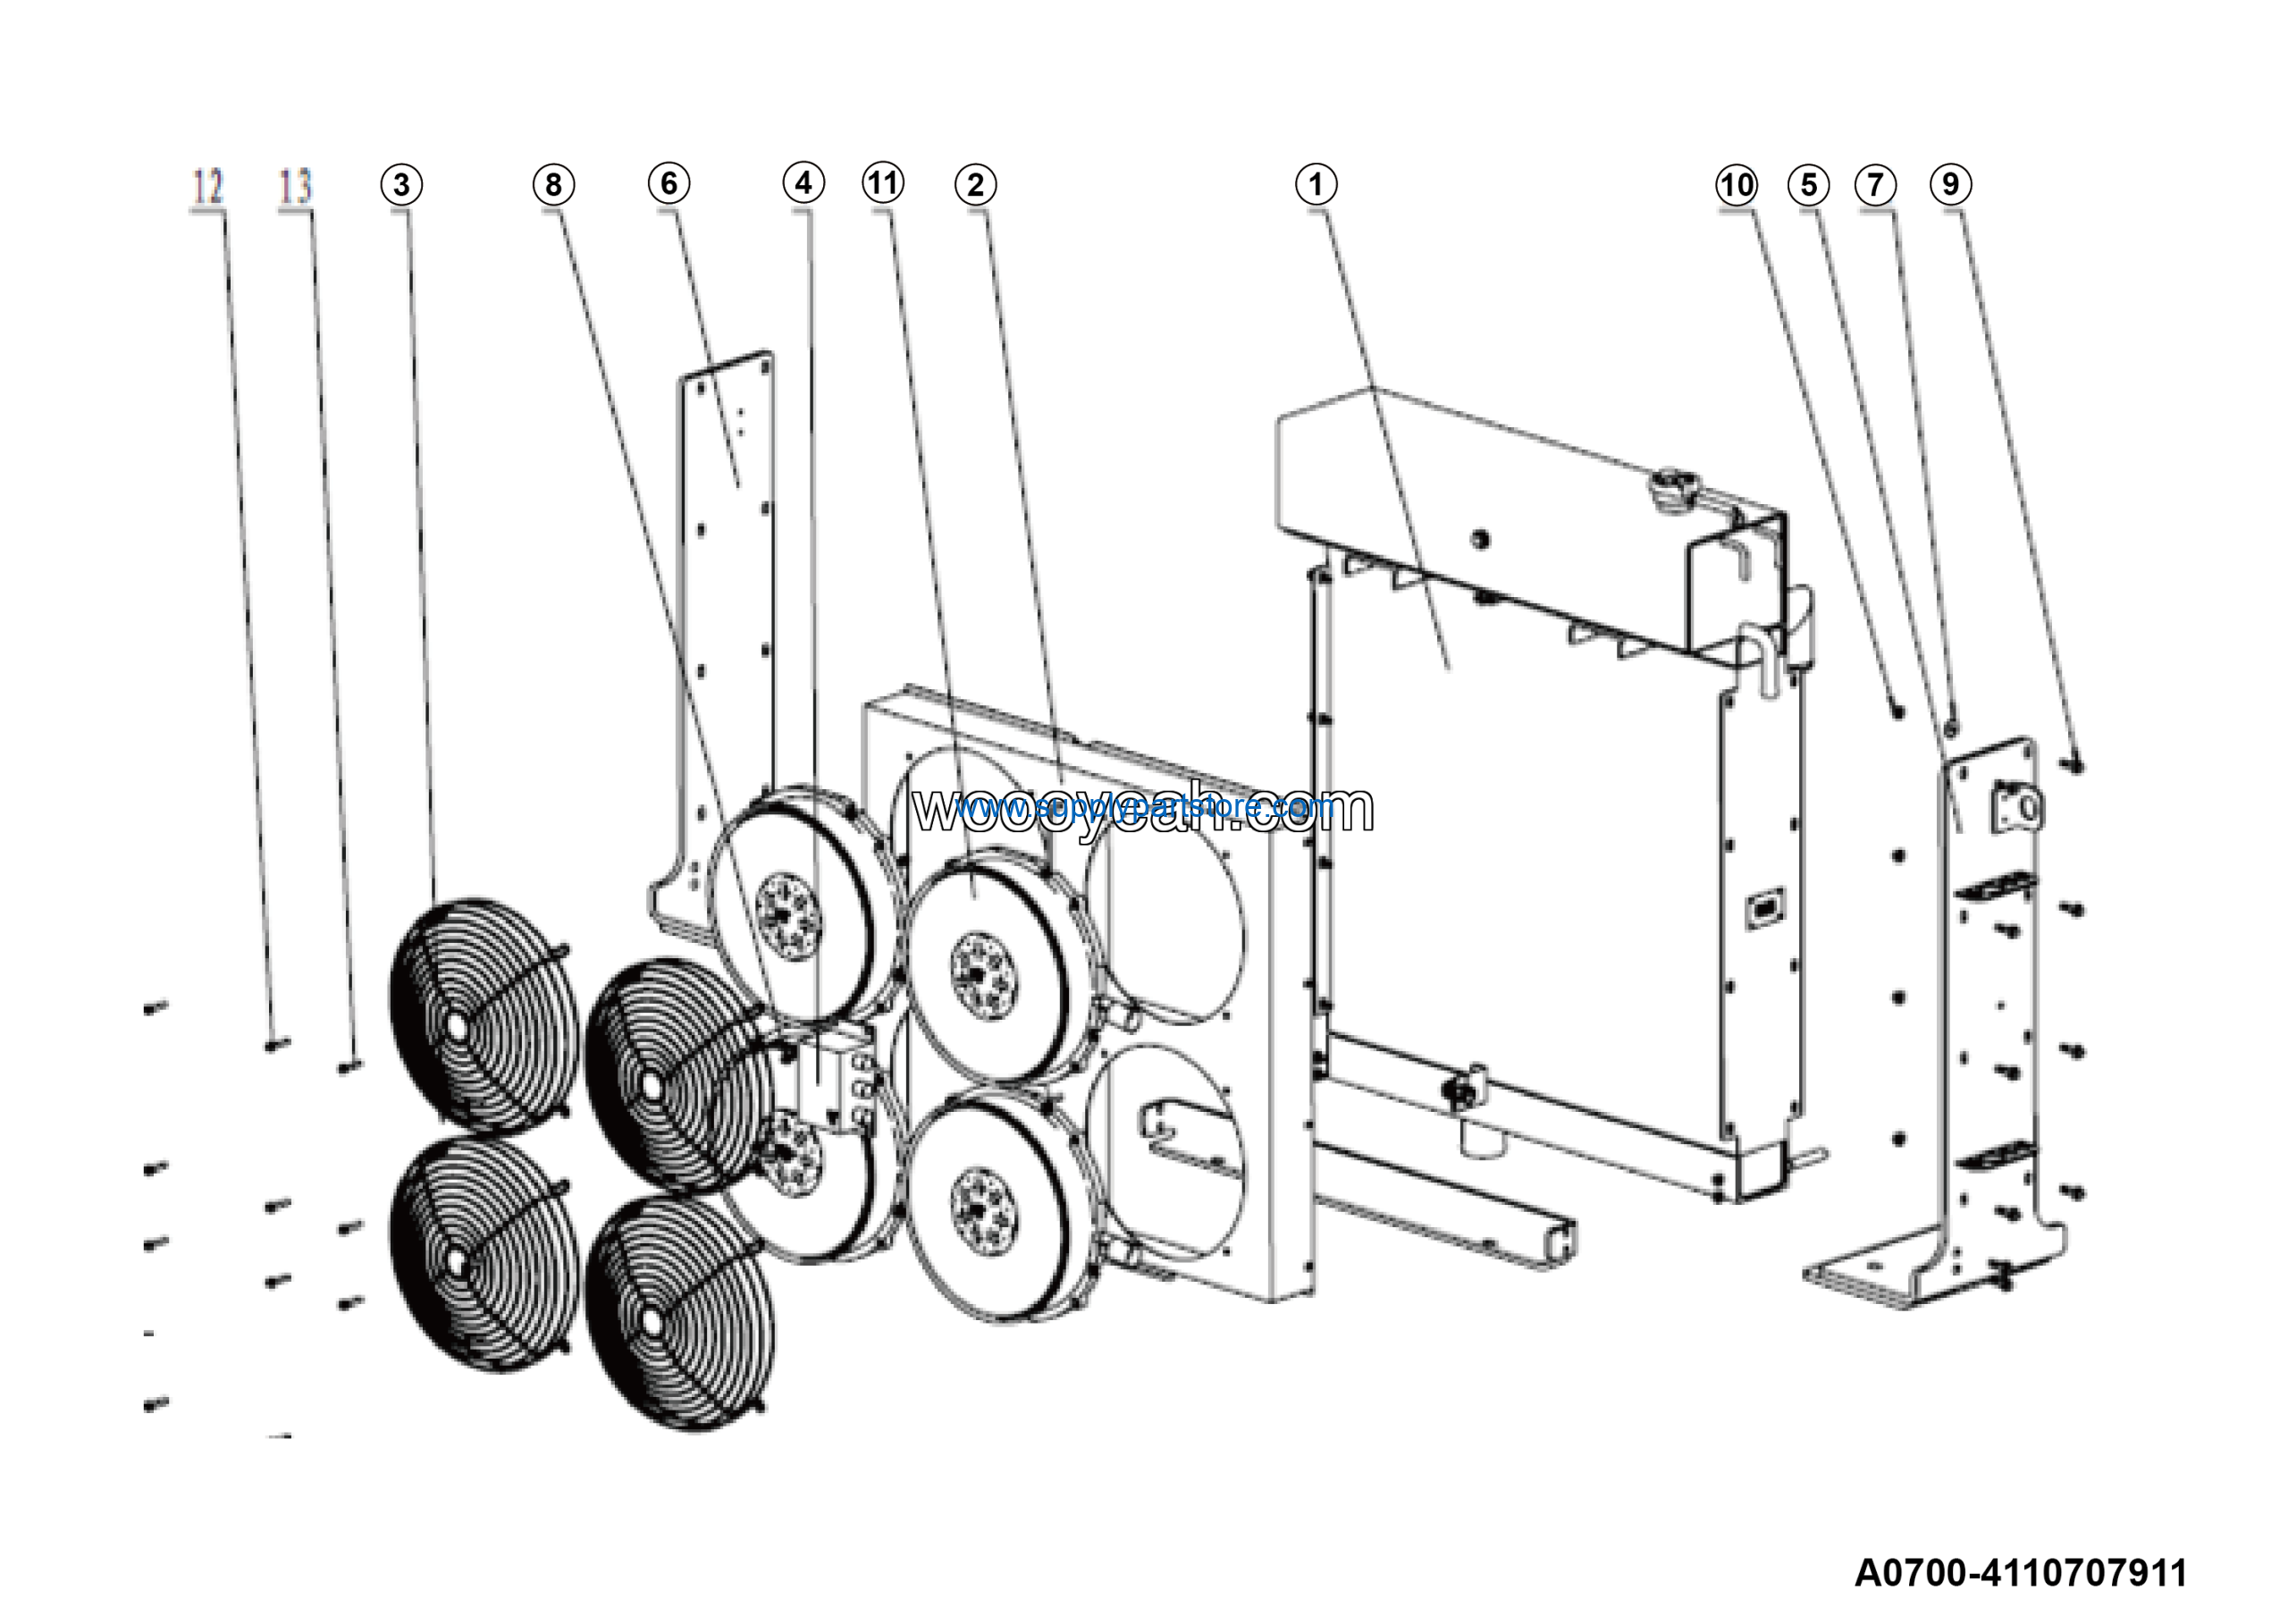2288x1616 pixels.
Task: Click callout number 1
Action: [1316, 184]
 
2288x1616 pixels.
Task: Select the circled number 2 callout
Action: [974, 184]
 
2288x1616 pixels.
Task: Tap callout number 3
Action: [401, 184]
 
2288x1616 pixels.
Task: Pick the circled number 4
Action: [803, 182]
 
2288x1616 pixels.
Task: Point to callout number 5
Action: [1808, 184]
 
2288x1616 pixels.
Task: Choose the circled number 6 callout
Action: [669, 182]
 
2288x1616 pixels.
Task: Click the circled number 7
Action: [1875, 184]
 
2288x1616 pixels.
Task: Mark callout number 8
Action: [553, 184]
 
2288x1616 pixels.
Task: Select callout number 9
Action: [1950, 183]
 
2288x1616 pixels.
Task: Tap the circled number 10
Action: [1737, 184]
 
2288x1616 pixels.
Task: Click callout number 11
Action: [883, 182]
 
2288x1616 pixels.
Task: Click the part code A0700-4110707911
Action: [2021, 1573]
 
